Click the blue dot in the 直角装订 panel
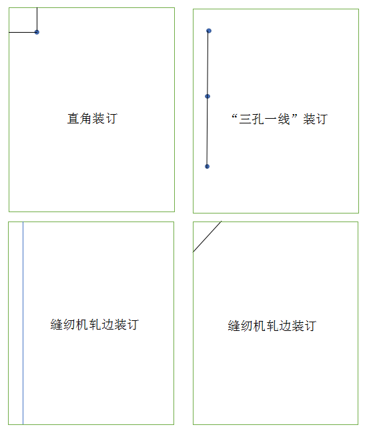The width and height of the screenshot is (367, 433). (x=37, y=32)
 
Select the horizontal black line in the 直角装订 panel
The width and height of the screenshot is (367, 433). (x=23, y=32)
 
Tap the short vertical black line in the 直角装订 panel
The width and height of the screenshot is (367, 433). (x=37, y=19)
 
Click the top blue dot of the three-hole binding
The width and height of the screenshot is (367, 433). (x=209, y=31)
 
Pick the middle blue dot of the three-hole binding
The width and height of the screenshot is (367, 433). (x=208, y=96)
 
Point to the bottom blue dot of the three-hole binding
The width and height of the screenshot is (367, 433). (x=207, y=166)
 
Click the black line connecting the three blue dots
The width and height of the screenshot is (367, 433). (x=208, y=99)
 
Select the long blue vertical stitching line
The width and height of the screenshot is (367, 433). (x=23, y=323)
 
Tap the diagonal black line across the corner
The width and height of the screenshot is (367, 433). (x=207, y=236)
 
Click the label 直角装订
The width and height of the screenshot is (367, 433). (x=92, y=119)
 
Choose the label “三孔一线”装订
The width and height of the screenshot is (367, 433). (x=279, y=119)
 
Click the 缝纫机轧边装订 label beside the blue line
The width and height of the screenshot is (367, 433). (x=95, y=324)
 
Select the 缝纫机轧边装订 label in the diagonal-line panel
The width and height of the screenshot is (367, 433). (x=272, y=326)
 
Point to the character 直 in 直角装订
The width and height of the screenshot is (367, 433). (x=73, y=119)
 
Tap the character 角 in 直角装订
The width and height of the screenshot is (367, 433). (x=85, y=119)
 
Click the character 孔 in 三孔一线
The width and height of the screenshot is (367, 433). (x=258, y=119)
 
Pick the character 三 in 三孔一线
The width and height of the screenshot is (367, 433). (x=245, y=119)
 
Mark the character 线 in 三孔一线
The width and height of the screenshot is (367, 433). (x=284, y=119)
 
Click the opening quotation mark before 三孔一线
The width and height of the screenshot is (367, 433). (x=234, y=116)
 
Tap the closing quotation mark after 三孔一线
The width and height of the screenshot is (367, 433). (x=294, y=116)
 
